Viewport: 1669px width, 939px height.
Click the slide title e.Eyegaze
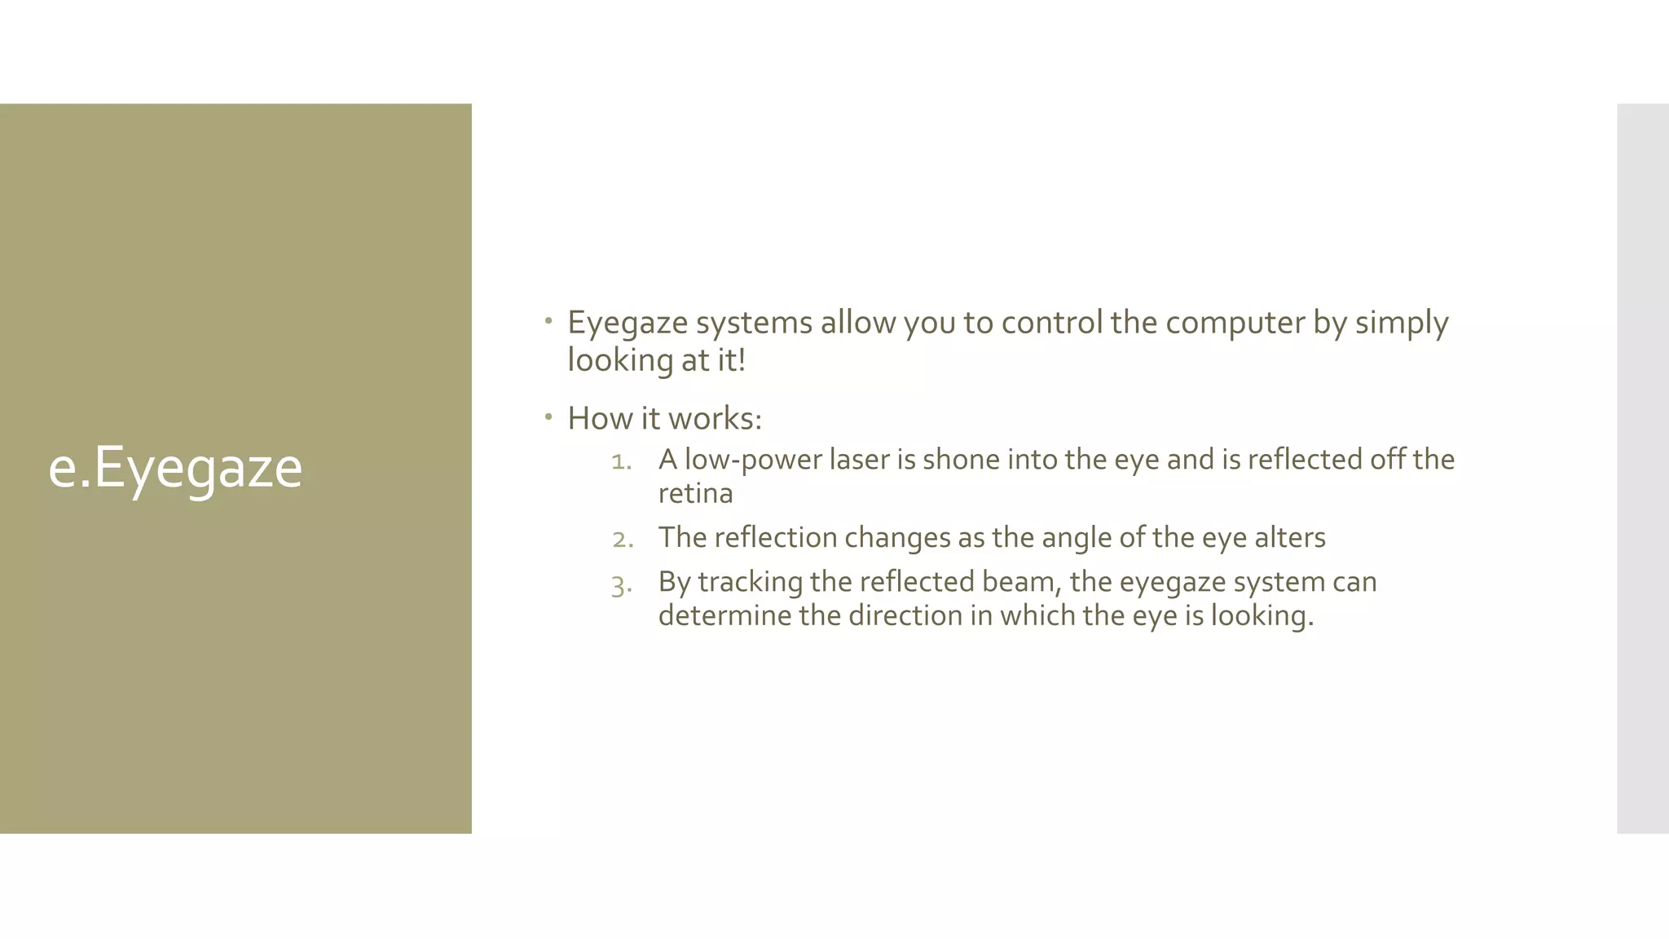175,468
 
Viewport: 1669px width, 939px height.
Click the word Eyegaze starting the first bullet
628,324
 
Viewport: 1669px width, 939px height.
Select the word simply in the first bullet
1402,324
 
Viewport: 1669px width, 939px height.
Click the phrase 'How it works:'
664,419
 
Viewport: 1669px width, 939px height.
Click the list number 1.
621,461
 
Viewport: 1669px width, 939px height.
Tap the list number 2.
623,539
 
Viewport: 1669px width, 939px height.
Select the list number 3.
621,584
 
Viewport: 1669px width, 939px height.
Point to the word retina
695,494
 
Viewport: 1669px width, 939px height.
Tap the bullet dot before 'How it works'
549,417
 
